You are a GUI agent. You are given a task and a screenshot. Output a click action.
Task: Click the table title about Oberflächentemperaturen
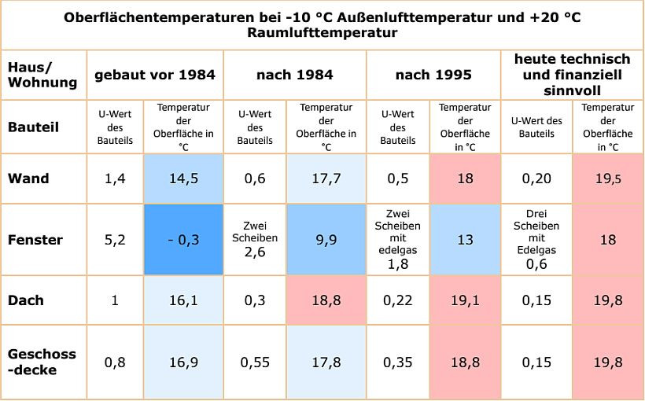point(322,25)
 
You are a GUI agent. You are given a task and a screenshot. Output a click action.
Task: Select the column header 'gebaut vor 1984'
point(155,75)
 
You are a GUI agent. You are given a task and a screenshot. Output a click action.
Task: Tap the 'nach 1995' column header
point(433,75)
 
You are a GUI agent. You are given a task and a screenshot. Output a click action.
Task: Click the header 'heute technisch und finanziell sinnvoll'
point(572,74)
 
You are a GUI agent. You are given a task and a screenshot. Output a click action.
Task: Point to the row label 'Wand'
point(28,178)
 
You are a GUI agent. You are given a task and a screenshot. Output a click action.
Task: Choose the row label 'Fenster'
point(35,240)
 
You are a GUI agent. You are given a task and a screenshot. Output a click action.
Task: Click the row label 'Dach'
point(26,300)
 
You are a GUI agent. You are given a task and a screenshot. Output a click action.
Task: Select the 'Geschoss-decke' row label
point(42,362)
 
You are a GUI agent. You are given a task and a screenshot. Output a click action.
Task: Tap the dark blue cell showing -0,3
point(183,240)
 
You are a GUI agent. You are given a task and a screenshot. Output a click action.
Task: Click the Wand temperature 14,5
point(183,178)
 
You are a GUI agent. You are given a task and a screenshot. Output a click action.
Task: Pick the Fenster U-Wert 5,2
point(115,240)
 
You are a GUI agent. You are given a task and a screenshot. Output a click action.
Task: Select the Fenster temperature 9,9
point(326,240)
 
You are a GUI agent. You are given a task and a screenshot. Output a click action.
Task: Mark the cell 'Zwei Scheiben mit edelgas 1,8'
point(398,240)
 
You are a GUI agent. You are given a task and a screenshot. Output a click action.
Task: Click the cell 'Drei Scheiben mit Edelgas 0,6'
point(536,240)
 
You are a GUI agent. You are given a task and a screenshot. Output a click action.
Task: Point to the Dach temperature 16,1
point(183,300)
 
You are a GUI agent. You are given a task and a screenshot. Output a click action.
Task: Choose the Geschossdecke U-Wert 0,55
point(255,362)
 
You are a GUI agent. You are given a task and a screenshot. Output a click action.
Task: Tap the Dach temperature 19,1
point(465,300)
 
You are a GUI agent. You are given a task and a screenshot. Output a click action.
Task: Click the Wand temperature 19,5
point(608,178)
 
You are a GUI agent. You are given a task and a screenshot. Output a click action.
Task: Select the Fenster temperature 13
point(465,240)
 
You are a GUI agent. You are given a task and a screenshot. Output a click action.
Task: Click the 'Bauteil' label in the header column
point(33,127)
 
